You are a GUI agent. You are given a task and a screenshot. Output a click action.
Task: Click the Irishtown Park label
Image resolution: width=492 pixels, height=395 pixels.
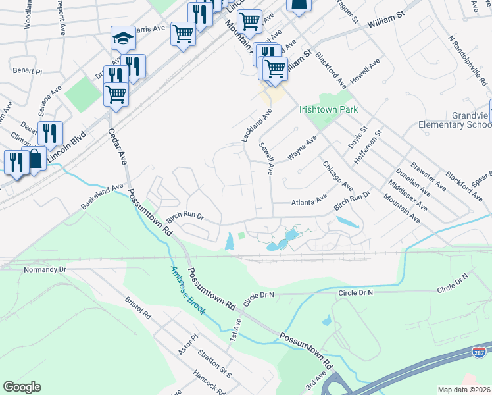coord(328,109)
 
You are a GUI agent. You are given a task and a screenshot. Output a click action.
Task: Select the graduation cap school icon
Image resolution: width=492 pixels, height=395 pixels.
coord(122,39)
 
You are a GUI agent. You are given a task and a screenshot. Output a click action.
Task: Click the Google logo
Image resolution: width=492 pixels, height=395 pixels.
coord(22,387)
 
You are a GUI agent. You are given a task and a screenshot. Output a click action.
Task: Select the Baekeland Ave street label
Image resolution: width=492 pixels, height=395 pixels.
coord(103,196)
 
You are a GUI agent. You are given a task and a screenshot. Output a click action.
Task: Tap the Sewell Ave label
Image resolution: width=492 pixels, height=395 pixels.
coord(266,159)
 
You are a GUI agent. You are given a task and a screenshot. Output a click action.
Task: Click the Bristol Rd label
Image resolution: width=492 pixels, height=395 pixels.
coord(138,308)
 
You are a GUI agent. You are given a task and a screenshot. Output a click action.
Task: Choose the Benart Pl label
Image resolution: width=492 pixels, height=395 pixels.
coord(27,70)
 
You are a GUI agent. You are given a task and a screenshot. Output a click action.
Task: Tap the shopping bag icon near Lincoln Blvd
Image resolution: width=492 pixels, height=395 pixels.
coord(34,158)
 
